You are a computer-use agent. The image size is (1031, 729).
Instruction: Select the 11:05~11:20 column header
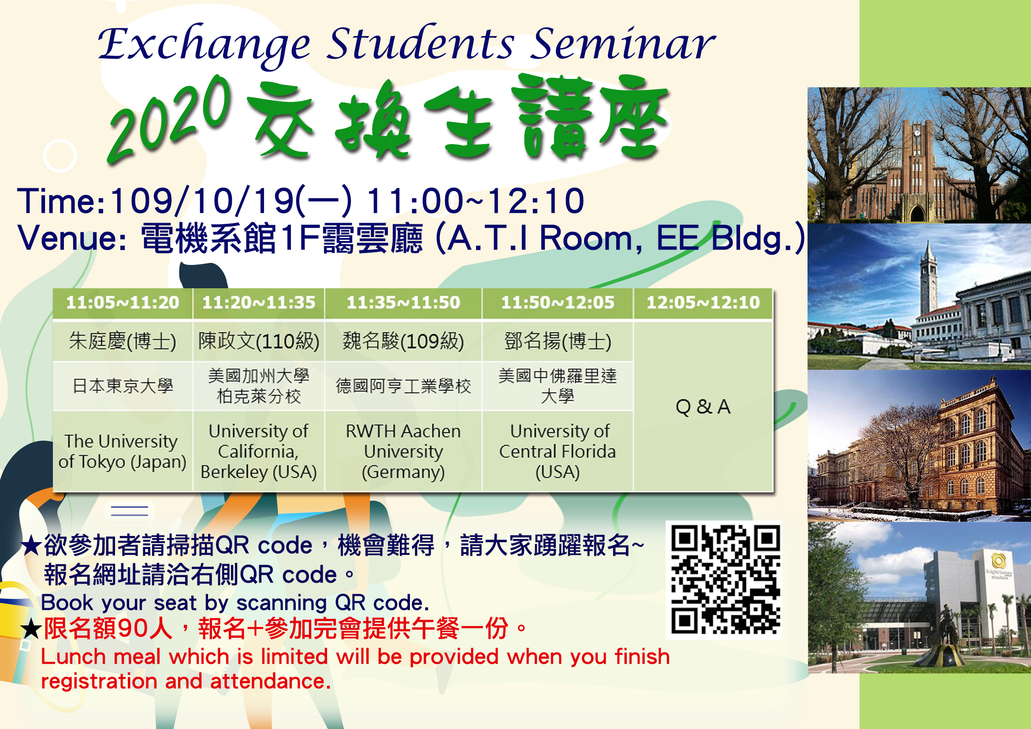(x=123, y=302)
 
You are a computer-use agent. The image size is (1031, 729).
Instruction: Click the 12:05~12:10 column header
(x=703, y=302)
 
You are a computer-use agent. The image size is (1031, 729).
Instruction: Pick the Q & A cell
(x=703, y=406)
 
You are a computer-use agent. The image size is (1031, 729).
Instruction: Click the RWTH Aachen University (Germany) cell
(x=403, y=451)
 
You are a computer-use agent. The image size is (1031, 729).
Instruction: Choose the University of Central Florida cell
(x=557, y=451)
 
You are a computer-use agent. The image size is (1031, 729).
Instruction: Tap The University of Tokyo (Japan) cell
(x=123, y=451)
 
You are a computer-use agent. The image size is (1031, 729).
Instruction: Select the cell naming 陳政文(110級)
(x=259, y=341)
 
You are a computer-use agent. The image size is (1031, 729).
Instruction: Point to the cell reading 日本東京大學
(x=123, y=386)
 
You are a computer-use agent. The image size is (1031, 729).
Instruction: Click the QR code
(x=724, y=580)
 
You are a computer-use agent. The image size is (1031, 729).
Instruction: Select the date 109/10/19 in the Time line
(x=202, y=201)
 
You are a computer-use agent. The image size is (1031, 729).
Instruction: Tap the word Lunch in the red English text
(x=73, y=657)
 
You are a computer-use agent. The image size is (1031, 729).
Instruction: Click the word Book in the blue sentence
(x=67, y=603)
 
